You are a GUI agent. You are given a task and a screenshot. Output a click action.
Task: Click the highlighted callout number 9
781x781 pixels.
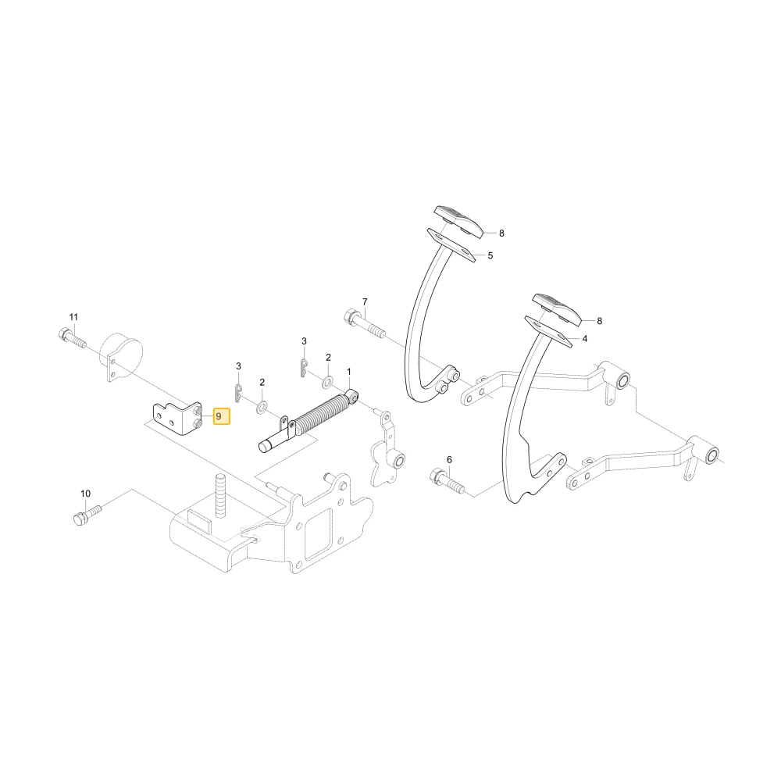(x=222, y=416)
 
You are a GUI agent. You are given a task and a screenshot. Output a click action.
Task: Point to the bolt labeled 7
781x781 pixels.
(x=364, y=324)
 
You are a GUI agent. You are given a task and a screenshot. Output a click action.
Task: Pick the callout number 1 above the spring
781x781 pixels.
(x=349, y=372)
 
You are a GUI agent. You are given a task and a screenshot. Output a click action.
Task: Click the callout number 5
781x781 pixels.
(x=490, y=255)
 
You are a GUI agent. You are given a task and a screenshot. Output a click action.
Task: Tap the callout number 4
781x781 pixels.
(x=585, y=339)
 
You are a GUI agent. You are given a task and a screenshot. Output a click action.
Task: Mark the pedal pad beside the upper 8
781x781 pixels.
(x=458, y=222)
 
